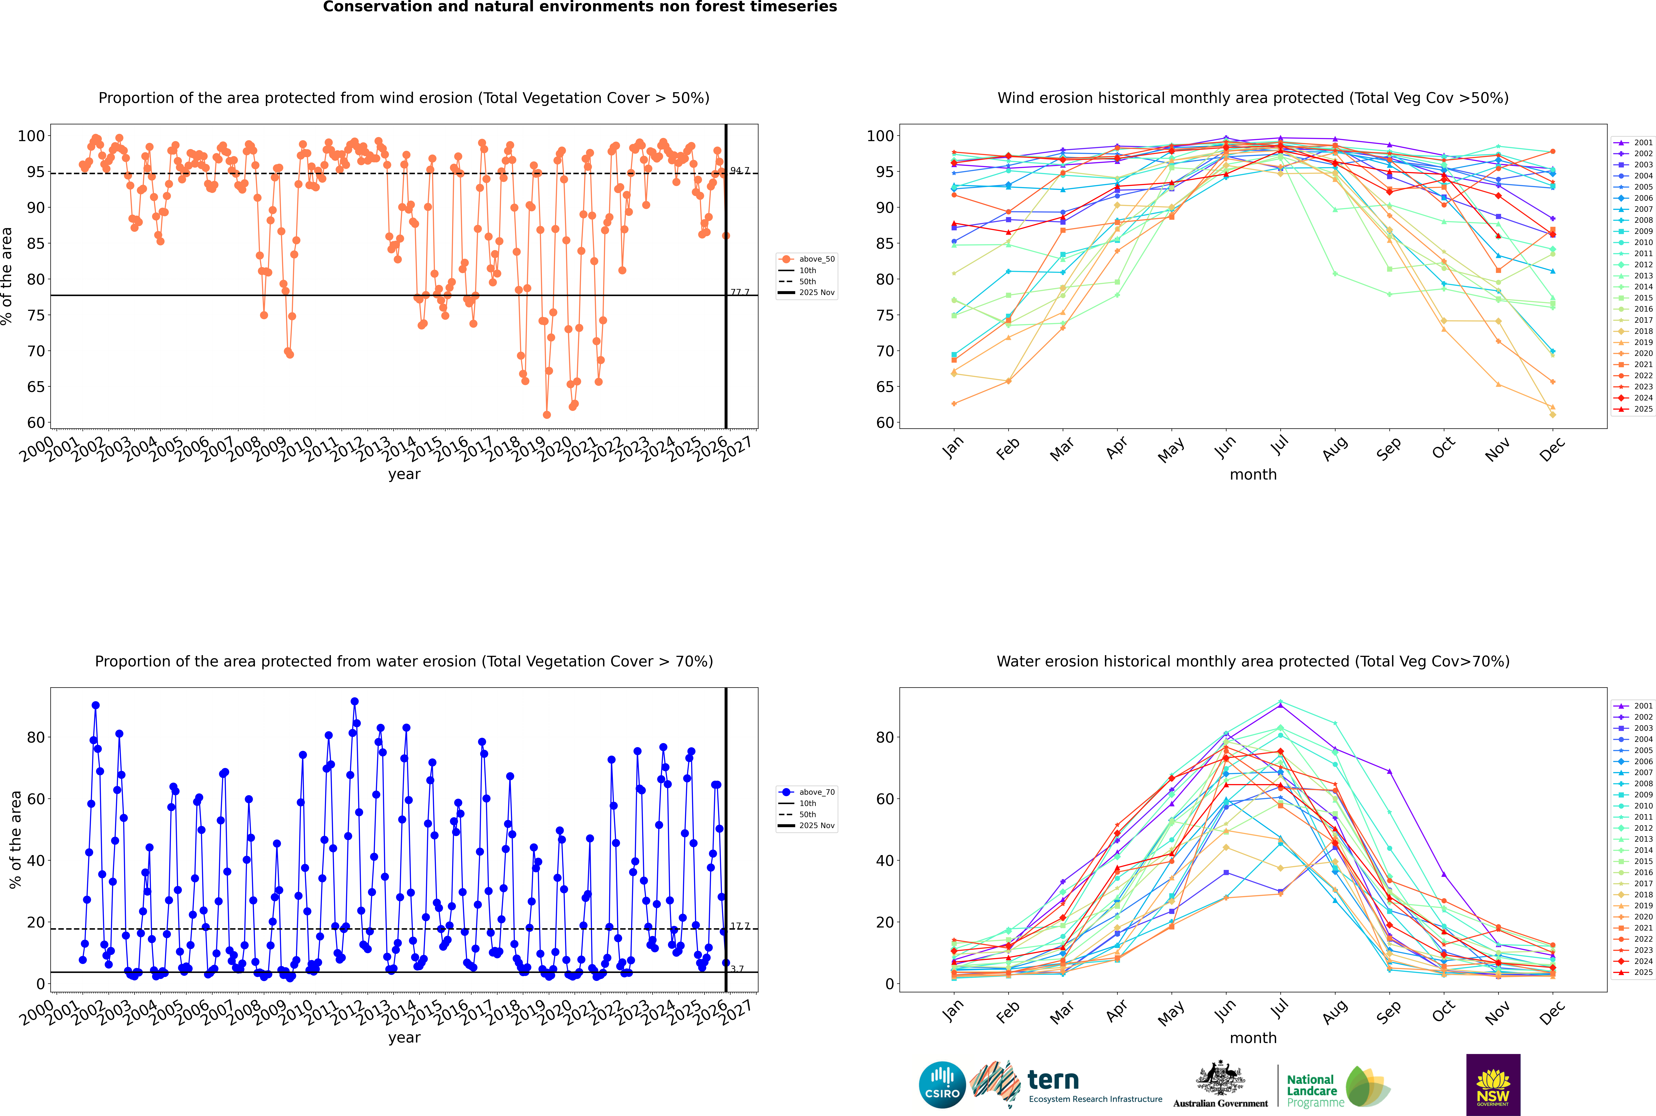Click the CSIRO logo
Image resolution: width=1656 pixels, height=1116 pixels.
pyautogui.click(x=942, y=1085)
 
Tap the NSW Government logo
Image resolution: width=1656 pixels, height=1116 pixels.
pyautogui.click(x=1493, y=1085)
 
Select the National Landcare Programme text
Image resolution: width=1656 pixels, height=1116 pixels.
pyautogui.click(x=1311, y=1090)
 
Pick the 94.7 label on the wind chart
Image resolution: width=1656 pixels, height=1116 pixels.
pyautogui.click(x=740, y=171)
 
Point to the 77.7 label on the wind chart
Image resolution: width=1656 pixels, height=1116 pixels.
pyautogui.click(x=740, y=293)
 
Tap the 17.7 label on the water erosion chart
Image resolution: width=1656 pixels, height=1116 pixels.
pyautogui.click(x=740, y=926)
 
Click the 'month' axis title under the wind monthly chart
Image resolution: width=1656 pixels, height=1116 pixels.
pyautogui.click(x=1253, y=475)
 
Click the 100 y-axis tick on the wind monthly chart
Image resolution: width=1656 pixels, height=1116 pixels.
pyautogui.click(x=879, y=136)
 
